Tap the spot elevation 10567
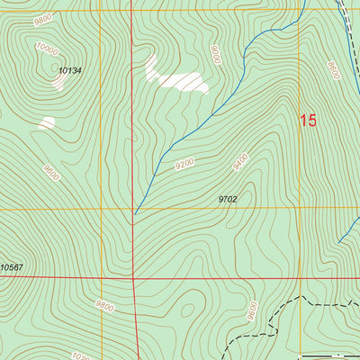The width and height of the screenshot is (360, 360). click(12, 267)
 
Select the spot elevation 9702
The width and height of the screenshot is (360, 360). click(228, 198)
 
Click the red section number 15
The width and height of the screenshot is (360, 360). click(309, 121)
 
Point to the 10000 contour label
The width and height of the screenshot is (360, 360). click(48, 50)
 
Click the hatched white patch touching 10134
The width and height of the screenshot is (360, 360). click(58, 81)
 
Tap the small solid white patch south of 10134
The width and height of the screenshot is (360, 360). click(47, 122)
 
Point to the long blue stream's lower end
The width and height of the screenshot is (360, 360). click(136, 214)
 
